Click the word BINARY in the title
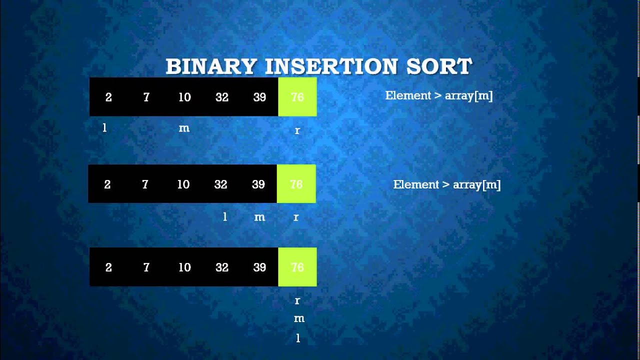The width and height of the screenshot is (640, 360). point(211,66)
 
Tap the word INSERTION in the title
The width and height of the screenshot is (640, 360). point(333,66)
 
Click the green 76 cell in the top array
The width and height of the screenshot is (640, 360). point(297,97)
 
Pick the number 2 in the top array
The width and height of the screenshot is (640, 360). point(108,97)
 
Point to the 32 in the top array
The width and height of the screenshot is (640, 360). point(222,97)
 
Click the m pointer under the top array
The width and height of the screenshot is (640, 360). point(184,128)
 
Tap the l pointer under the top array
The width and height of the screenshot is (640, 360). point(104,128)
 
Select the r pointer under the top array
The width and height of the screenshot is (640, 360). point(297,130)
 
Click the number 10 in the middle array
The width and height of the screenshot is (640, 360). point(183,184)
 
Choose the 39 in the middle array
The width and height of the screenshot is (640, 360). point(258,184)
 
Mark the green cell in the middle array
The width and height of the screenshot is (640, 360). point(296,184)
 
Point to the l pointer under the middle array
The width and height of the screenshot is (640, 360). point(225,216)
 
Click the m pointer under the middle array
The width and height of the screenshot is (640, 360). point(259,217)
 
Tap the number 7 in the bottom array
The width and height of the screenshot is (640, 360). point(146,267)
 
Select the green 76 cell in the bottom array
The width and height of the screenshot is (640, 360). point(297,267)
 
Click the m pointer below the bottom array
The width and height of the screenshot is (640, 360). point(299,318)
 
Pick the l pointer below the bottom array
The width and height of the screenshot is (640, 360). point(298,338)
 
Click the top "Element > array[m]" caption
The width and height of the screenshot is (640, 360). point(439,95)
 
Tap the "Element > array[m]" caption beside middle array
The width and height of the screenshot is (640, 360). point(447,184)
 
